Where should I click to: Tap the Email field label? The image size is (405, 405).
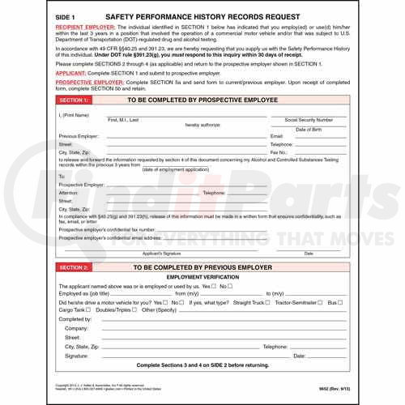[277, 136]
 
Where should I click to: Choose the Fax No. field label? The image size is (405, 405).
[280, 151]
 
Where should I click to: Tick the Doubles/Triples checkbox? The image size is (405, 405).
[137, 309]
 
